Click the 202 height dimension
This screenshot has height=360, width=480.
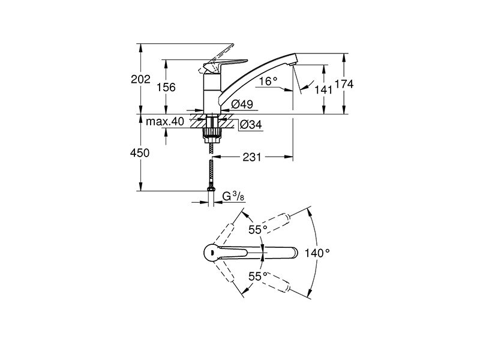(141, 79)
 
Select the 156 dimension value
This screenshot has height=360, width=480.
(166, 88)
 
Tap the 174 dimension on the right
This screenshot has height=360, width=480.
(344, 84)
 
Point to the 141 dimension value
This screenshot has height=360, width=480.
(323, 89)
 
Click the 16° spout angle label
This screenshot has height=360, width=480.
(268, 82)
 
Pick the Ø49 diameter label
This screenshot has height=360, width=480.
(242, 104)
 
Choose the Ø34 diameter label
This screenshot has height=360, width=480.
(251, 125)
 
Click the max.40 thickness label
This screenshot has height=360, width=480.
(165, 122)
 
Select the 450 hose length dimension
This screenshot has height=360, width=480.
(140, 153)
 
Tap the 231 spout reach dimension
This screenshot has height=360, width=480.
(252, 157)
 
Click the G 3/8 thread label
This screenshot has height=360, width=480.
(233, 196)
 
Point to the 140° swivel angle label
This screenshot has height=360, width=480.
(317, 253)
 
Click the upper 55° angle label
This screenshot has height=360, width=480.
(258, 230)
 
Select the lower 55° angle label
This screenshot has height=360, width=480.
(258, 277)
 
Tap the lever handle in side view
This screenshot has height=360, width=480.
(225, 64)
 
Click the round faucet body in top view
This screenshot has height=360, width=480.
(211, 253)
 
